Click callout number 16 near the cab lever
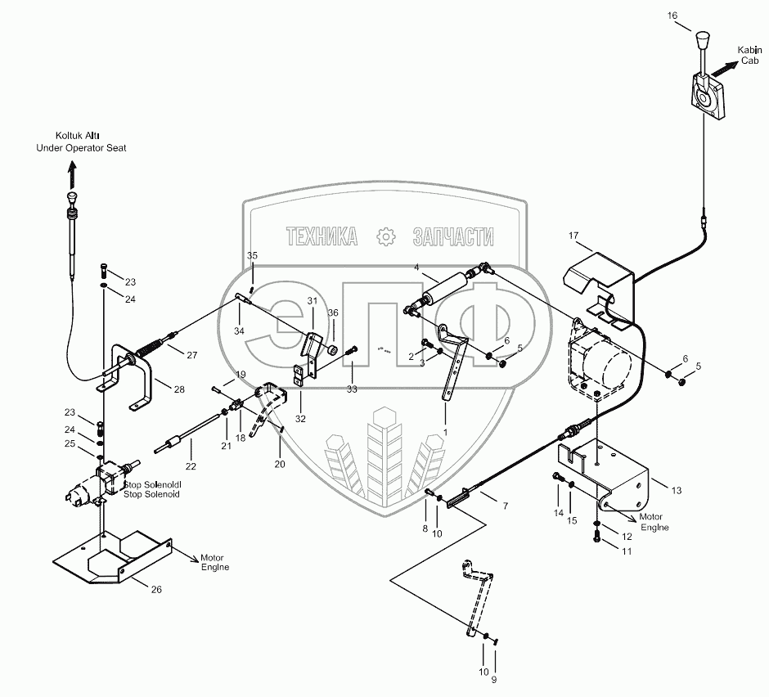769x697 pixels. point(672,15)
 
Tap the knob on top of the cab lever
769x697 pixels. point(701,40)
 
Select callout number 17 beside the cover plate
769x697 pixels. point(573,236)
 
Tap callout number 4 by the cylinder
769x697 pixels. point(416,268)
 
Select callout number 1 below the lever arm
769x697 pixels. point(445,430)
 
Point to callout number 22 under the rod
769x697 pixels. point(190,465)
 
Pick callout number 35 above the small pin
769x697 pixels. point(252,256)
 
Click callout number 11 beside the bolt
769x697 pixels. point(627,552)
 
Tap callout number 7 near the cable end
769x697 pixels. point(504,506)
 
